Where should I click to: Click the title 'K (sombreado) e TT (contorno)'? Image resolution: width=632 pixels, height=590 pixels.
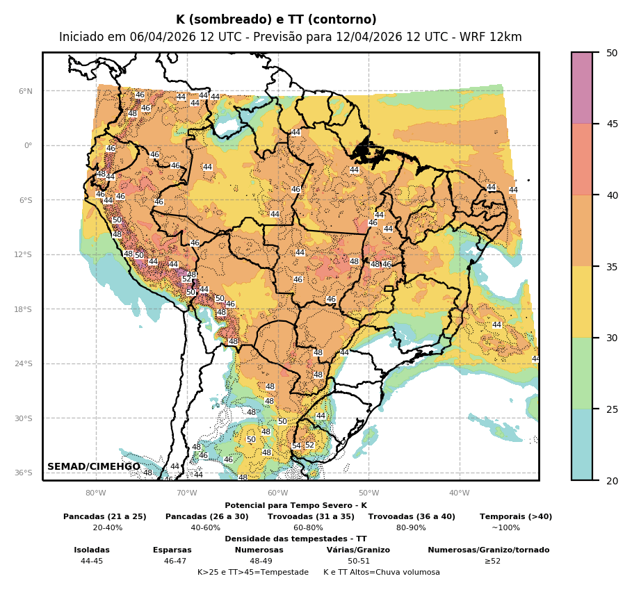tap(276, 20)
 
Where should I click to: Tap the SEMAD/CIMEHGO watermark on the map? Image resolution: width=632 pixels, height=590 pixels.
tap(93, 467)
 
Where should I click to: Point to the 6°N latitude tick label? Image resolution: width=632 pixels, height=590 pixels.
tap(25, 91)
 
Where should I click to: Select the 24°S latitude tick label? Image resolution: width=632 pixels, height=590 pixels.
tap(24, 364)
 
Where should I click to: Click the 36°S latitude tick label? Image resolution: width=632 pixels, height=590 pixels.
tap(24, 473)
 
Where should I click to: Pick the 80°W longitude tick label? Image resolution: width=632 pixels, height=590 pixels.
tap(95, 493)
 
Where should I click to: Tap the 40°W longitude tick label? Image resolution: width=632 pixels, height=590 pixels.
tap(459, 493)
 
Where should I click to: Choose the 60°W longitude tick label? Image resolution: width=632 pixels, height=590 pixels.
tap(277, 493)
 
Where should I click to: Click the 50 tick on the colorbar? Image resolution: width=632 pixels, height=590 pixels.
tap(612, 53)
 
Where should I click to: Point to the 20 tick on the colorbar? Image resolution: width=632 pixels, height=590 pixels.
tap(612, 480)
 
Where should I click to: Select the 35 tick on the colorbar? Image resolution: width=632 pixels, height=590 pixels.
tap(612, 266)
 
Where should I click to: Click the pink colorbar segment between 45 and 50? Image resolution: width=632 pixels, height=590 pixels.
tap(582, 88)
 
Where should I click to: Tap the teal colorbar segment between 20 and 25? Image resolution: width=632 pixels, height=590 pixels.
tap(582, 445)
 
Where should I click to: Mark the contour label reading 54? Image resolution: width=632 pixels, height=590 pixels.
tap(296, 446)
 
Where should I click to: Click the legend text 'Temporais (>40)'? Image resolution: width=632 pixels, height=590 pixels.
tap(515, 517)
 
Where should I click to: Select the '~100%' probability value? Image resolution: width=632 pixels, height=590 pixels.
tap(505, 528)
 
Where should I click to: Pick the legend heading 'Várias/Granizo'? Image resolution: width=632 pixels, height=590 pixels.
tap(358, 550)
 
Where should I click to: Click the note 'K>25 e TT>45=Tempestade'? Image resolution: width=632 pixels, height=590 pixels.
tap(253, 573)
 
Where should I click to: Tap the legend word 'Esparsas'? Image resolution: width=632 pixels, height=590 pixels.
tap(172, 550)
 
